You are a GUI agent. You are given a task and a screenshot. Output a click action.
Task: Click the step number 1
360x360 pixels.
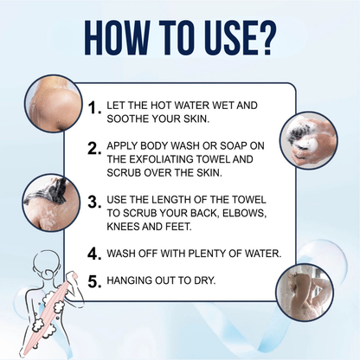click(94, 108)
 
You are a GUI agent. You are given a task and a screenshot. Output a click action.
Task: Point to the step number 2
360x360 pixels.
click(94, 149)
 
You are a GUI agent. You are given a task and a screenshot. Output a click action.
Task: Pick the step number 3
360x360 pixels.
click(94, 202)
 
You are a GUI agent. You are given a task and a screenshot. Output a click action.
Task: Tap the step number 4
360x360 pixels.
click(94, 254)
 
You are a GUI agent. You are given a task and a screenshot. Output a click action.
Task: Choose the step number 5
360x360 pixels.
click(94, 281)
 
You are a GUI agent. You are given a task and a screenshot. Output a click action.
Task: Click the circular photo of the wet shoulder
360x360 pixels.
click(53, 106)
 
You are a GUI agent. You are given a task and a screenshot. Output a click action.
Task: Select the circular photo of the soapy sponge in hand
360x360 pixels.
click(309, 140)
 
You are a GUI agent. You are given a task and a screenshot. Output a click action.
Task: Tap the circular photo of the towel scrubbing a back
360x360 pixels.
click(51, 202)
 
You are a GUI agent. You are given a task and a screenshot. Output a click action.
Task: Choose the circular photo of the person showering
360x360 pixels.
click(305, 292)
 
